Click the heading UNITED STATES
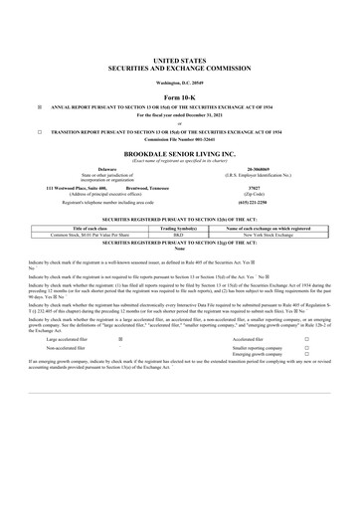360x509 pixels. tap(180, 60)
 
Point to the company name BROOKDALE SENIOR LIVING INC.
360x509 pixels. tap(180, 156)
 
